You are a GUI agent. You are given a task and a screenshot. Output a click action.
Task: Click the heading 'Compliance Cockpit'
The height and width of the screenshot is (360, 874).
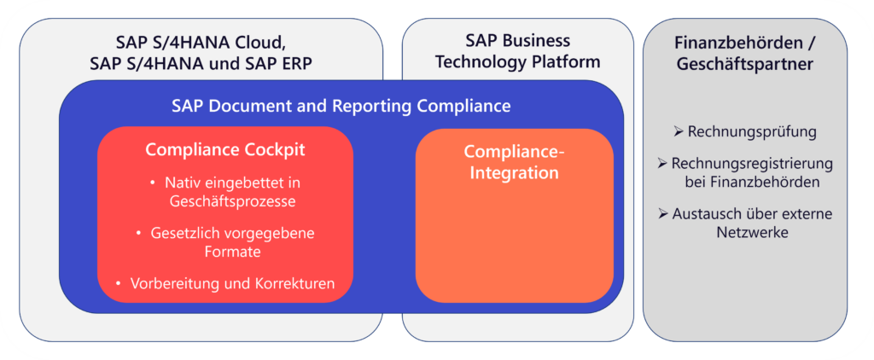[225, 149]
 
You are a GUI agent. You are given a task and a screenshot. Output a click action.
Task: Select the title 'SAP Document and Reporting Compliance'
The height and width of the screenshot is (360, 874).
[341, 106]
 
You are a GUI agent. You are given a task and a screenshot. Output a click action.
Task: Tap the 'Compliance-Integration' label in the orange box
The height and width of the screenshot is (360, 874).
[515, 162]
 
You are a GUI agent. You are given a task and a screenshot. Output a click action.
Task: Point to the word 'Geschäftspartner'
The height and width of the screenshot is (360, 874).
[744, 64]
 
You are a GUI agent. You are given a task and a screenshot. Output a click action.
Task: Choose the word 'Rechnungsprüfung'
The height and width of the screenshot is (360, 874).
[752, 132]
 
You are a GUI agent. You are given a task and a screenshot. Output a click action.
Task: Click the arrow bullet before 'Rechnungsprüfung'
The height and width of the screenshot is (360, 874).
[679, 132]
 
